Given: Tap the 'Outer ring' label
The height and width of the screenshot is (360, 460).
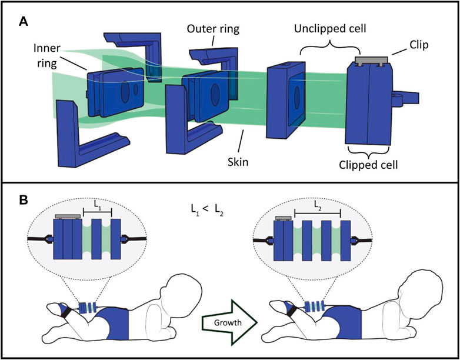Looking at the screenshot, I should pos(212,28).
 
